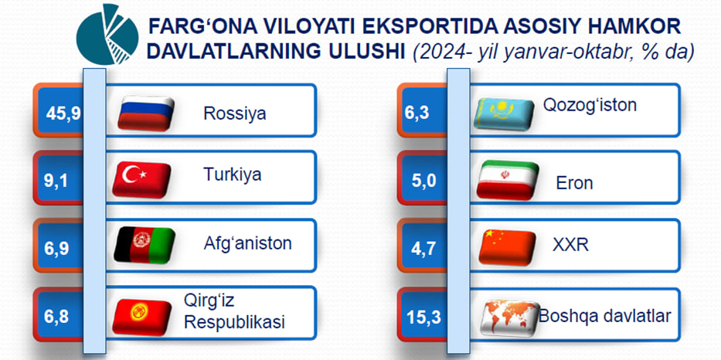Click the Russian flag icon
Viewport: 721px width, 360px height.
146,114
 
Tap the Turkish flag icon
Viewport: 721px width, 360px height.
142,180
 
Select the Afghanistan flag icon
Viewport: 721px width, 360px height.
145,245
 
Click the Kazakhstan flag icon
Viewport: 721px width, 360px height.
504,114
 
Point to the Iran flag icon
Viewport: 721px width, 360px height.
508,180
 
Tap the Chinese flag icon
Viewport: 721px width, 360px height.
507,248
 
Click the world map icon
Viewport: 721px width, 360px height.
509,318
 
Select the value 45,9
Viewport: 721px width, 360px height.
63,113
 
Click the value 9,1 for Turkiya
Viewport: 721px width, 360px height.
56,181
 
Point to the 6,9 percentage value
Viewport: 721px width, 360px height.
56,248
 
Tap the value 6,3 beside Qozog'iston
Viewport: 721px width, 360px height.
417,113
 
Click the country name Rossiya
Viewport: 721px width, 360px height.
234,113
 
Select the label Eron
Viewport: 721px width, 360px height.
574,183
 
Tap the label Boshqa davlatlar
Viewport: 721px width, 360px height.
605,316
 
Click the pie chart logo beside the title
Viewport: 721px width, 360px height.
107,35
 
